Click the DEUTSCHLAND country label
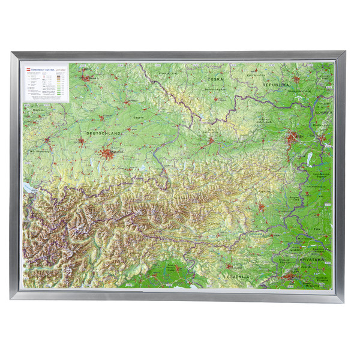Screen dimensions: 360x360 pos(104,133)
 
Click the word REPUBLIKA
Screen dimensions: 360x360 pos(276,86)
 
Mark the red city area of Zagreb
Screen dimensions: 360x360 pos(293,277)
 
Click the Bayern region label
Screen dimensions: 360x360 pos(139,118)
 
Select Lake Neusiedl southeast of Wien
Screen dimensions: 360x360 pos(308,158)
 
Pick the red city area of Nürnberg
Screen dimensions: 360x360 pos(91,78)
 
